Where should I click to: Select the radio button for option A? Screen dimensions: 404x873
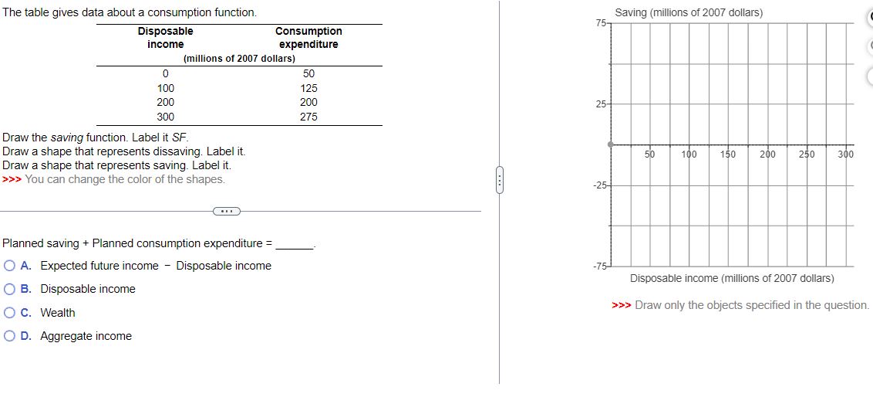pyautogui.click(x=9, y=266)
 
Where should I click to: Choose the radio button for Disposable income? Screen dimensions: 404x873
pyautogui.click(x=9, y=289)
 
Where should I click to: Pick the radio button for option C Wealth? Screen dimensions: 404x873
pyautogui.click(x=9, y=313)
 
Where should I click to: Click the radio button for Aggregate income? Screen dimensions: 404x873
pyautogui.click(x=9, y=336)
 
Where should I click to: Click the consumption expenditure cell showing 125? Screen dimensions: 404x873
pyautogui.click(x=308, y=88)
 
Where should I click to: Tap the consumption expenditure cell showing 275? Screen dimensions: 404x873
pyautogui.click(x=308, y=117)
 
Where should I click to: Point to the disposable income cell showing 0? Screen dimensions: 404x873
pyautogui.click(x=165, y=73)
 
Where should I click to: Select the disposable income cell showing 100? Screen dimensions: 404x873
pyautogui.click(x=165, y=88)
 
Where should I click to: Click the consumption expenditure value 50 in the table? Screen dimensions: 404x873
pyautogui.click(x=308, y=73)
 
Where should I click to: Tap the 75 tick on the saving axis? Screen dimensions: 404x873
pyautogui.click(x=601, y=23)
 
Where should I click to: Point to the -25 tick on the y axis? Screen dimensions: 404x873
pyautogui.click(x=599, y=185)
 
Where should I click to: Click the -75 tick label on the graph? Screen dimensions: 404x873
pyautogui.click(x=599, y=267)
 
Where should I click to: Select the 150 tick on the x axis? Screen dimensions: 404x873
pyautogui.click(x=727, y=154)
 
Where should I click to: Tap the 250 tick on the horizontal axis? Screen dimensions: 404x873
pyautogui.click(x=807, y=154)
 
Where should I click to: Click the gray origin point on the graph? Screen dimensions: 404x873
pyautogui.click(x=610, y=144)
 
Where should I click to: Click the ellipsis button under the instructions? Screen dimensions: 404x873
pyautogui.click(x=226, y=211)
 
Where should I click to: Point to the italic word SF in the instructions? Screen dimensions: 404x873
pyautogui.click(x=169, y=137)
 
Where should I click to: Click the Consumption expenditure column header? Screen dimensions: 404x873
pyautogui.click(x=308, y=38)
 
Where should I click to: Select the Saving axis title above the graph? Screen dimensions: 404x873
pyautogui.click(x=689, y=13)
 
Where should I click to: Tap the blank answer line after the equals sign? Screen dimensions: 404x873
pyautogui.click(x=295, y=244)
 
